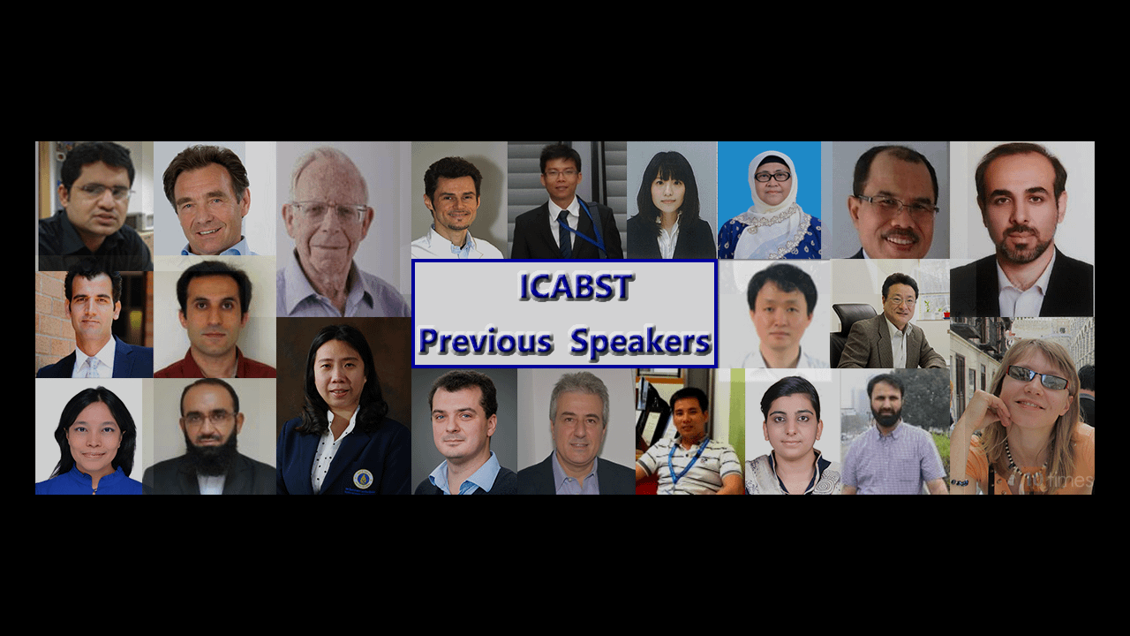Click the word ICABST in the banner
point(576,287)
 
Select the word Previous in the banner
point(486,341)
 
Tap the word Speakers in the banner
point(641,341)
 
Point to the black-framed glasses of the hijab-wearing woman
point(772,177)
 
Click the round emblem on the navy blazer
point(363,479)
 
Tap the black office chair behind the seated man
point(853,328)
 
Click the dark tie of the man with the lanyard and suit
point(564,235)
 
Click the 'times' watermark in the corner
point(1069,480)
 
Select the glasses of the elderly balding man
point(330,211)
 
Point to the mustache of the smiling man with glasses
point(901,234)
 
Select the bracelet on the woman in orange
point(960,482)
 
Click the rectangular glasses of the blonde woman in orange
point(1037,376)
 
